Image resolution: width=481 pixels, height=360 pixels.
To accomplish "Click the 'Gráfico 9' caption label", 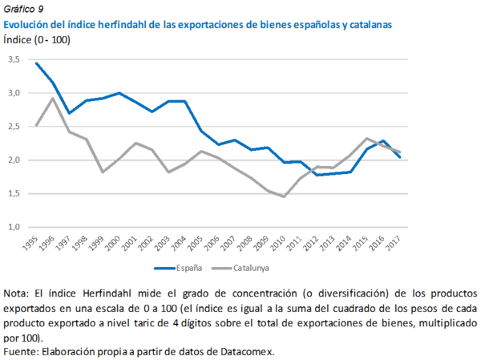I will click(24, 10).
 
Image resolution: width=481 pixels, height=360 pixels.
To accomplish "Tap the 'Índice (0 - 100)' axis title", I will click(38, 40).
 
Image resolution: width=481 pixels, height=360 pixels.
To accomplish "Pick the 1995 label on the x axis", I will click(31, 244).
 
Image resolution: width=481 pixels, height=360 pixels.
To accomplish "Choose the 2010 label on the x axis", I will click(278, 244).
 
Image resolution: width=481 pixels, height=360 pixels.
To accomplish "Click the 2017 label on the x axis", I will click(394, 244).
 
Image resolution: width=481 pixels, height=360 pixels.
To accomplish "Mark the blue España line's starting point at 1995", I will click(36, 63).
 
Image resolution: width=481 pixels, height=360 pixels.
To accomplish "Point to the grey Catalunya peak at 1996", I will click(53, 98).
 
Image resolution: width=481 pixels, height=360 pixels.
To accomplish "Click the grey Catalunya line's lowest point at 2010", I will click(284, 196).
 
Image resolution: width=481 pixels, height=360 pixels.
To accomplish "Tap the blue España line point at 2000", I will click(119, 93).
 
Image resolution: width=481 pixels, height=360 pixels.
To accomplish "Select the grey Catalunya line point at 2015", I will click(366, 139).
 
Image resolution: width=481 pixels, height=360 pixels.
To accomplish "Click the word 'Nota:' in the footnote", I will click(18, 293).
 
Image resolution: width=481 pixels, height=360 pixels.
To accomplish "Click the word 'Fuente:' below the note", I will click(21, 351).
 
